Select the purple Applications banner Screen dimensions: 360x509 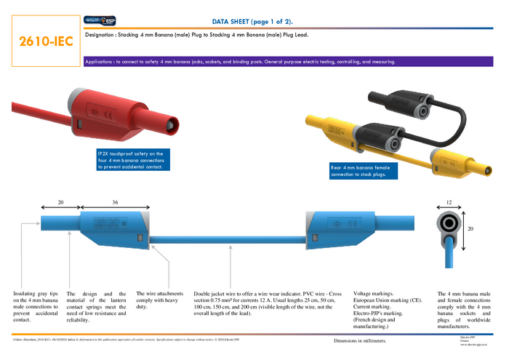240,62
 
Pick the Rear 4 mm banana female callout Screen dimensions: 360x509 361,171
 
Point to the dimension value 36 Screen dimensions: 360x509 115,201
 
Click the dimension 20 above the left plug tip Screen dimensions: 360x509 62,201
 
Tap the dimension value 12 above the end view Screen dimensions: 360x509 449,201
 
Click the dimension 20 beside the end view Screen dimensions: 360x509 470,229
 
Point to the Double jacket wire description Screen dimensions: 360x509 269,303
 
